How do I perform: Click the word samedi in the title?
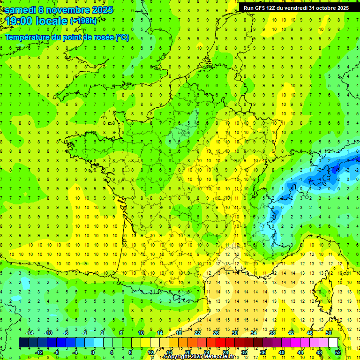(20, 10)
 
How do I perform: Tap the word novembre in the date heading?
(69, 10)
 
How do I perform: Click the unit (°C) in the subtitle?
(122, 37)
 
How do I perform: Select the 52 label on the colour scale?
(337, 352)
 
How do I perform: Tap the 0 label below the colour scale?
(92, 352)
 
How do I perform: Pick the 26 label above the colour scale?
(216, 333)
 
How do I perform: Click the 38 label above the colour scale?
(272, 333)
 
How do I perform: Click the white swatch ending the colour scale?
(333, 343)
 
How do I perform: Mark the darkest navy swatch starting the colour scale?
(23, 343)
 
